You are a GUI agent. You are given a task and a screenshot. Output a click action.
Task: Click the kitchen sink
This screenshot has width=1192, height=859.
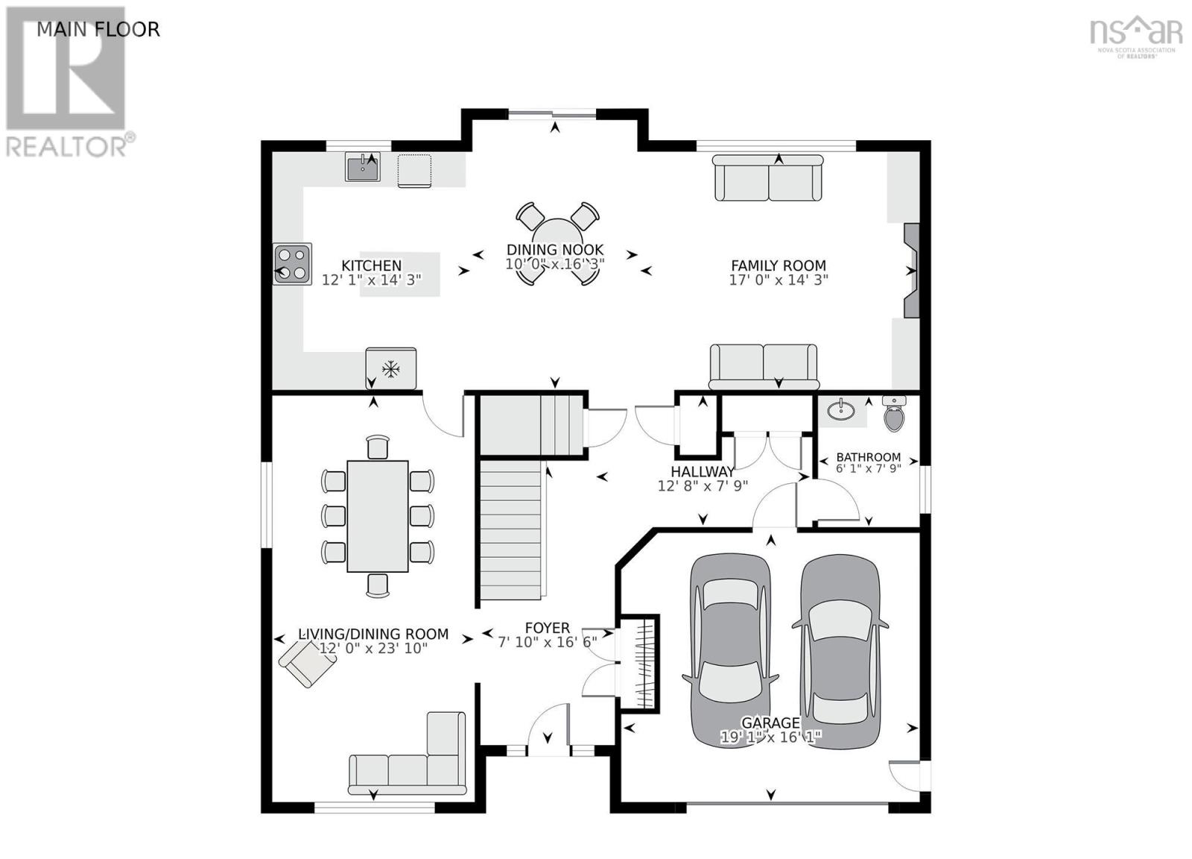362,167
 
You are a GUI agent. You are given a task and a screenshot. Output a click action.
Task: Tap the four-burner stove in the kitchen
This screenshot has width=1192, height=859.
292,264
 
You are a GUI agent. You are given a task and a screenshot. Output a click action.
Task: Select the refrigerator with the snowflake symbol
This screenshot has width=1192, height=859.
390,368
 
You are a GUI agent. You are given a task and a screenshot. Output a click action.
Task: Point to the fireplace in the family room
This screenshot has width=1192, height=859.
911,271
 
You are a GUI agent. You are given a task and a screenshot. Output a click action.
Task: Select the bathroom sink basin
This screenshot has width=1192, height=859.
841,409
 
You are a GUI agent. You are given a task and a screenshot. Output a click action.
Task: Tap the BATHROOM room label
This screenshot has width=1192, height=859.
869,457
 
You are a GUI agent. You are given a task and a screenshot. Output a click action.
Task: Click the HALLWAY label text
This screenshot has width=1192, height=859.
703,471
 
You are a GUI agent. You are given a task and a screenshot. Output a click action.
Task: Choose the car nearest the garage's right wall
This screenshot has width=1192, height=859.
840,652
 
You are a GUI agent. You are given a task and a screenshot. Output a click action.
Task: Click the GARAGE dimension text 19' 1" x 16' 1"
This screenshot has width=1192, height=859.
771,737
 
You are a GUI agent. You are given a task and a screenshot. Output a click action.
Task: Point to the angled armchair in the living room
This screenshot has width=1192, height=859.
308,663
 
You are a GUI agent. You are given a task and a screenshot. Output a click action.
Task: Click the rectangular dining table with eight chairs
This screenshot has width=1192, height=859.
377,516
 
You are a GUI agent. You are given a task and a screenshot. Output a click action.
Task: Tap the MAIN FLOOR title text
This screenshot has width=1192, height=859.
98,29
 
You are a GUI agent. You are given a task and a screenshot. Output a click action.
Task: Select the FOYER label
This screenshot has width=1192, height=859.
547,628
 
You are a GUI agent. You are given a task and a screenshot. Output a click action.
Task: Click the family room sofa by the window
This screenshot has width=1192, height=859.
767,178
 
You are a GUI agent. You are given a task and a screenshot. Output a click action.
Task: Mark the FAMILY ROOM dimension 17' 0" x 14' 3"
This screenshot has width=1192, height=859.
779,280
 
